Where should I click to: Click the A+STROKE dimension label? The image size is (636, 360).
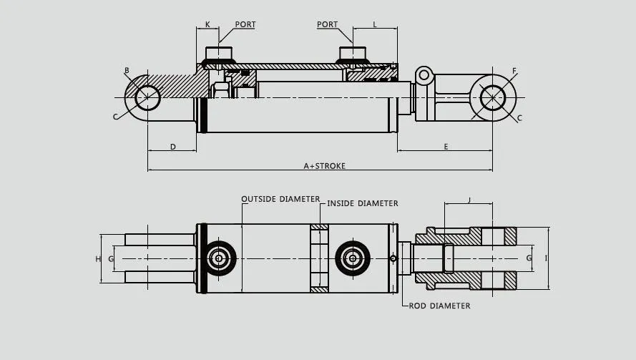coord(324,166)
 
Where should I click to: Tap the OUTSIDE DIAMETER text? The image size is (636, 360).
coord(280,199)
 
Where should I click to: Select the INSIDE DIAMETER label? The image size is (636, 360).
coord(362,203)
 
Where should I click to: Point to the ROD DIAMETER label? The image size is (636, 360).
coord(439,306)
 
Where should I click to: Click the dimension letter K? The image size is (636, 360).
coord(207,24)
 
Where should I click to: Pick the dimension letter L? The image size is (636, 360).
coord(375,24)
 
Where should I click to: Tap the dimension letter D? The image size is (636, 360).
coord(172,147)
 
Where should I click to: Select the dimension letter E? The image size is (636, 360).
coord(446,147)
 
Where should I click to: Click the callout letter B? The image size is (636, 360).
coord(127,70)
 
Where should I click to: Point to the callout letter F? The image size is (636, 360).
coord(514,70)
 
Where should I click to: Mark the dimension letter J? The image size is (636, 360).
coord(469,200)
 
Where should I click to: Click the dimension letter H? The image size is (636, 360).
coord(98,258)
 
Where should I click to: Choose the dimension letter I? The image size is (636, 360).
coord(546,258)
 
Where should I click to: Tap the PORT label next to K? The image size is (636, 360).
coord(245,24)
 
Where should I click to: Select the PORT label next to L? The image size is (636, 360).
coord(328,24)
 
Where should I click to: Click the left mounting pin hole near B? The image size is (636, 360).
coord(148,97)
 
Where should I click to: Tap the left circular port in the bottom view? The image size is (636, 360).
coord(219,258)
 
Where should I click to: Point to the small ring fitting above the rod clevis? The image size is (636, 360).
coord(424,74)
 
